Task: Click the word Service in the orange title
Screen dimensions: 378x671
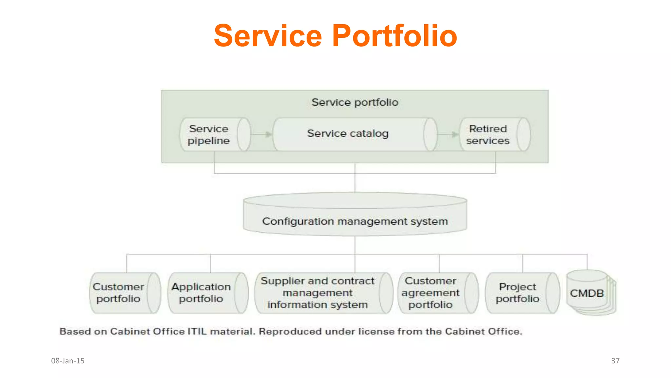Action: click(268, 36)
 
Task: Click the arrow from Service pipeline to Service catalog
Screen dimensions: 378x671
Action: click(262, 134)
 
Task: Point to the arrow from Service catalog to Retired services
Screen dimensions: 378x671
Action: click(448, 134)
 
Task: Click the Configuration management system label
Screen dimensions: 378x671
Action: click(355, 221)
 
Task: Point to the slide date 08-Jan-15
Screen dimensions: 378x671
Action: click(68, 361)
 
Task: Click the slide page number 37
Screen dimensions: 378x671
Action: click(615, 361)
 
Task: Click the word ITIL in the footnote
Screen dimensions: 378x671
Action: click(197, 331)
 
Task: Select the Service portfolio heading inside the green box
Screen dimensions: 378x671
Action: click(355, 102)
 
